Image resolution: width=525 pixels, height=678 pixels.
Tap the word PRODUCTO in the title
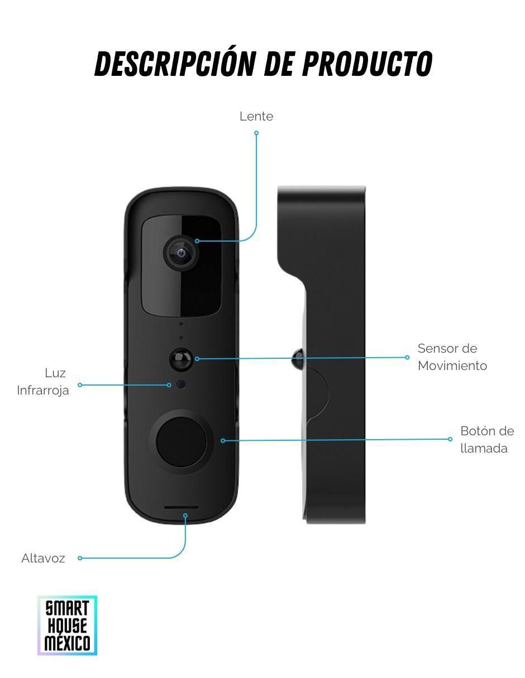[367, 64]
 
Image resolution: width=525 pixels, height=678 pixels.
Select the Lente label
[256, 117]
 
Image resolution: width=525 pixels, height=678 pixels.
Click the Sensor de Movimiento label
[452, 357]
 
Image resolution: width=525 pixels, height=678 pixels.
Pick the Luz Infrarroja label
[43, 382]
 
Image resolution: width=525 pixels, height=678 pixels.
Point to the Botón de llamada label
[487, 440]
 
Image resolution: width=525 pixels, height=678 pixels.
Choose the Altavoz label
[43, 558]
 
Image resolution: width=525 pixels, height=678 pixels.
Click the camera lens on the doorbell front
[181, 253]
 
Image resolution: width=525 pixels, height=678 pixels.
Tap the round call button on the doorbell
[182, 442]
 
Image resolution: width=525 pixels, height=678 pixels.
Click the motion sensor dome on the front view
[180, 359]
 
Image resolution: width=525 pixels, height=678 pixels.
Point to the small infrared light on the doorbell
[181, 384]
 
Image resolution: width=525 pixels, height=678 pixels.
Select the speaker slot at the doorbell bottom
[182, 508]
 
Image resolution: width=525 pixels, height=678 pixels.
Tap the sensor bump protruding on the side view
[298, 359]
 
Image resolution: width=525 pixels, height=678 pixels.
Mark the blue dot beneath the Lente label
[256, 133]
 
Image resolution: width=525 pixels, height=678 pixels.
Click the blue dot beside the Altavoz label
[80, 558]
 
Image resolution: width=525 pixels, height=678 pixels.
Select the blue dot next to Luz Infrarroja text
[80, 385]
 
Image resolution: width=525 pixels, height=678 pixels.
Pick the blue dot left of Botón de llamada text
[450, 439]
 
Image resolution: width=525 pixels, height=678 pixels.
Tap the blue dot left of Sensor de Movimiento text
[407, 357]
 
